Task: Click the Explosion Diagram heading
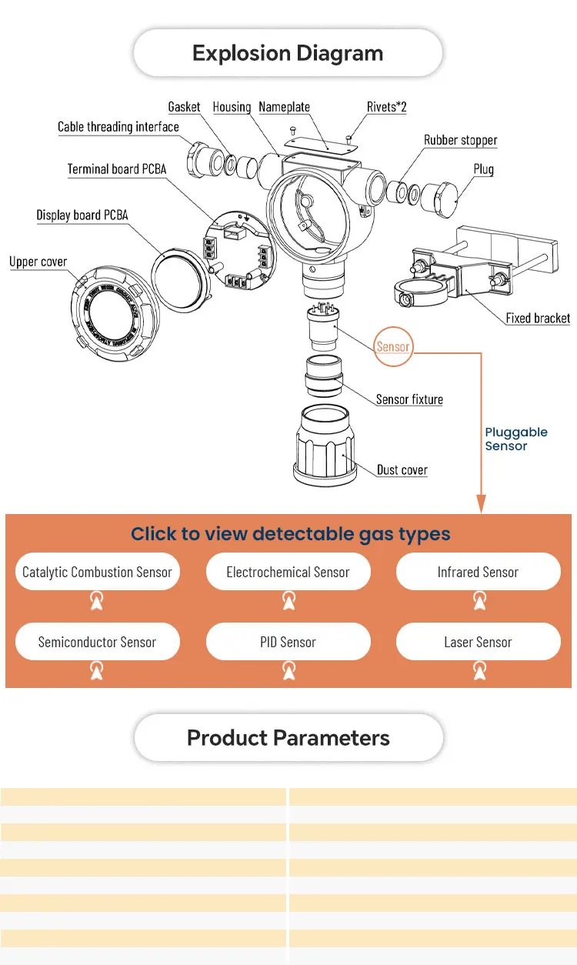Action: point(288,53)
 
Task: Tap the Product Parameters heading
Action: point(288,738)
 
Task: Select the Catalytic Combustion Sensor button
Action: point(97,572)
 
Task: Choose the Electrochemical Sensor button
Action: point(288,572)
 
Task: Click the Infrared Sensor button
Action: point(478,572)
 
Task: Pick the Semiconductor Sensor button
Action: point(97,642)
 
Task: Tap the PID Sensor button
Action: point(288,642)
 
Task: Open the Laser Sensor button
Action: point(478,642)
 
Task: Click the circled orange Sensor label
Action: point(393,347)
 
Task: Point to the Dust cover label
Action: point(402,470)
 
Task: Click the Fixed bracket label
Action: point(538,318)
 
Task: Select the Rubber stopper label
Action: point(460,140)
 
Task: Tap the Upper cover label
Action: point(38,262)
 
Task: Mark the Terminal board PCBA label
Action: point(116,169)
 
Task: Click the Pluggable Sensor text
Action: point(515,439)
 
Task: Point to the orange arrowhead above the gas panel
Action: point(482,505)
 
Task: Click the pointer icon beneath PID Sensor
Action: point(288,671)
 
